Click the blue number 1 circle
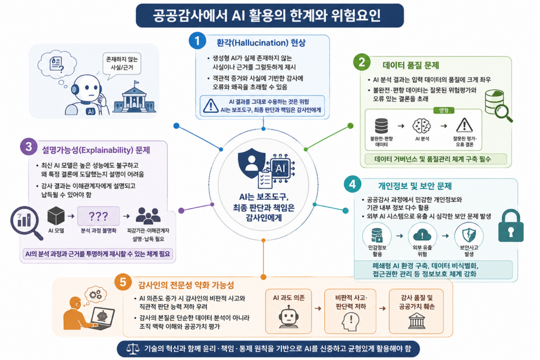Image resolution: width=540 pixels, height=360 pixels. coord(197,41)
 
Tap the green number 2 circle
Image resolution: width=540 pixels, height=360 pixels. coord(362,62)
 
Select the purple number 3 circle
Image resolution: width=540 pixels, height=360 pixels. coord(29,147)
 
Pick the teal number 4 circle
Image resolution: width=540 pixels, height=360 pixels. coord(352,184)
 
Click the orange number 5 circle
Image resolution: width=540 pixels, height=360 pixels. coord(123,283)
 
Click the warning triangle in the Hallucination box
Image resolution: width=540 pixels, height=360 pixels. coord(210,105)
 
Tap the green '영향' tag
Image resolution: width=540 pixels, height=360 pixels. coord(443,111)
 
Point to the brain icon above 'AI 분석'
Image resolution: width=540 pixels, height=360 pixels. coord(422,125)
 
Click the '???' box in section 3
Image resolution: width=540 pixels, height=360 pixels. coord(99,216)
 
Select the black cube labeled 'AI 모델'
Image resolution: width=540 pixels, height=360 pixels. coord(56,216)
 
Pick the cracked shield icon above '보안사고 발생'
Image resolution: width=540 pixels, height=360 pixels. coord(469,236)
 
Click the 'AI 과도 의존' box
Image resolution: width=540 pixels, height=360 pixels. coord(288,311)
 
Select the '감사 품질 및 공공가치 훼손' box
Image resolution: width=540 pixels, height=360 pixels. coord(417,311)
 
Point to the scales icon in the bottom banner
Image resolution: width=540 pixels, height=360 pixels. coord(132,348)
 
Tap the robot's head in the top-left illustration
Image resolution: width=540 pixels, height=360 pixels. coord(87,89)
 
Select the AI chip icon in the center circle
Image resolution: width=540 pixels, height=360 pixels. coord(281,168)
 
